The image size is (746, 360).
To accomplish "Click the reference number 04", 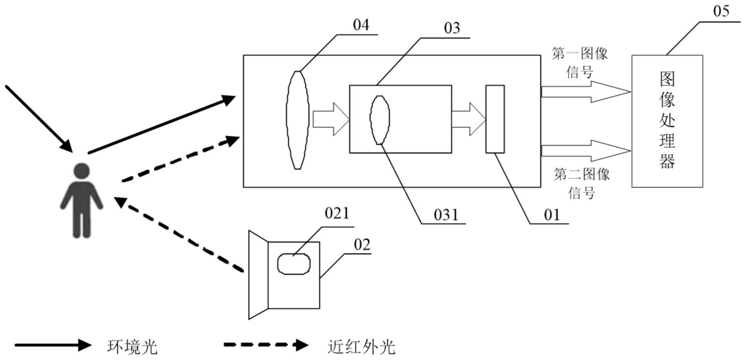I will pos(361,25).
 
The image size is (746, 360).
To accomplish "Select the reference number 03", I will pos(452,28).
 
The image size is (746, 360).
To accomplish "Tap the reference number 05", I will pos(721,11).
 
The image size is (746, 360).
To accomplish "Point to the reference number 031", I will pos(446,215).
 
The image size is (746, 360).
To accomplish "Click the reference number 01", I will pos(552,215).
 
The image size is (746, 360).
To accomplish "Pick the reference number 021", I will pos(337,213).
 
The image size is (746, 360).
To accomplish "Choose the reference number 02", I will pos(362,245).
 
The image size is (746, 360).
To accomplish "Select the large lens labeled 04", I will pos(298,120).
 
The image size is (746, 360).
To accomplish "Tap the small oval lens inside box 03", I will pos(380,120).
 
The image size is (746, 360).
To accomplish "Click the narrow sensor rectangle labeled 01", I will pos(495,119).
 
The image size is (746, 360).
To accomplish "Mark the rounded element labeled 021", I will pos(293,264).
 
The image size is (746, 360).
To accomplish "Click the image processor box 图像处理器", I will pos(667,121).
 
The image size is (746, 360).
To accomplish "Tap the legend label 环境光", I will pos(132,347).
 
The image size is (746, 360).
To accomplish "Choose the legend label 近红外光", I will pos(361,347).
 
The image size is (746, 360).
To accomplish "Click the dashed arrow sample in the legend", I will pos(266,345).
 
